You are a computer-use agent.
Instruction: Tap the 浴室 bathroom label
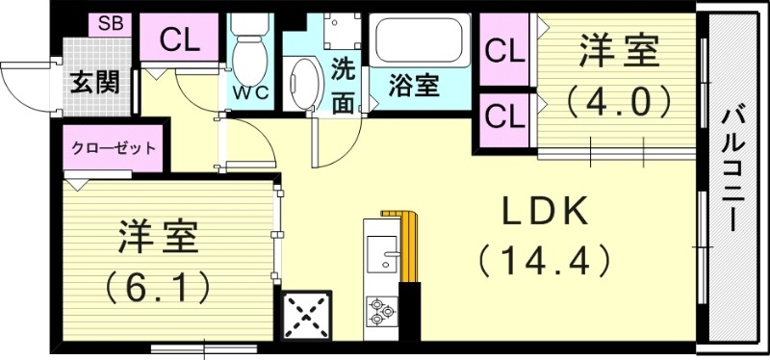[414, 86]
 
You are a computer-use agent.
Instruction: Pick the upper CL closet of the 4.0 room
[505, 51]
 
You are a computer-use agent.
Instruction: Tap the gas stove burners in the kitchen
[381, 311]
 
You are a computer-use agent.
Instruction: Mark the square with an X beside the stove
[308, 314]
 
